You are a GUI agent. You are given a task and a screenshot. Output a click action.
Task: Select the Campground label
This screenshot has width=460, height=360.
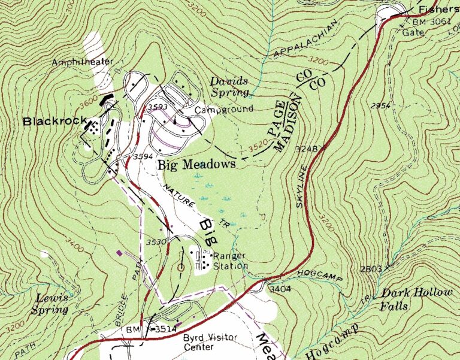coord(224,109)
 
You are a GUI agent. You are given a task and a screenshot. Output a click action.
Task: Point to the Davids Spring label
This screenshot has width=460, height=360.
coord(229,87)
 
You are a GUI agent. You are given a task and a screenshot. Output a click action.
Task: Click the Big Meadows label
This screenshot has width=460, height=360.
coord(196,164)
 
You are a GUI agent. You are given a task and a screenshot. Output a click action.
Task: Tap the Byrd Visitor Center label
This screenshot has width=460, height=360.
coord(210,342)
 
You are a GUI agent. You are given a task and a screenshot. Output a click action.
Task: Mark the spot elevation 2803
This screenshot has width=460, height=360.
coord(372,269)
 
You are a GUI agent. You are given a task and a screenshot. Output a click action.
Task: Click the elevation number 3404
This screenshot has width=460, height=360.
coord(279,289)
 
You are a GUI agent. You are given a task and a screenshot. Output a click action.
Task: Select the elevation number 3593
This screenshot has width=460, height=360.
coord(158,107)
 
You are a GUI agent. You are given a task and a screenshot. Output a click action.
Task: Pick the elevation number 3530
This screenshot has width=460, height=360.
coord(156,242)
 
